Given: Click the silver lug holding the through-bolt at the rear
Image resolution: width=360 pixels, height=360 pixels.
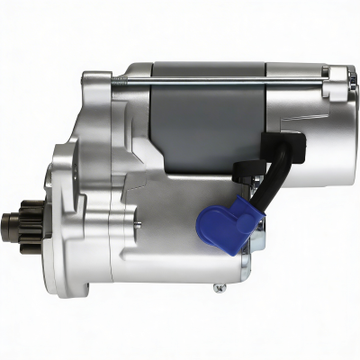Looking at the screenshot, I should pyautogui.click(x=336, y=86).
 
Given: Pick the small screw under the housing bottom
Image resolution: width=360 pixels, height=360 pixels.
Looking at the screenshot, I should pyautogui.click(x=219, y=288).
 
